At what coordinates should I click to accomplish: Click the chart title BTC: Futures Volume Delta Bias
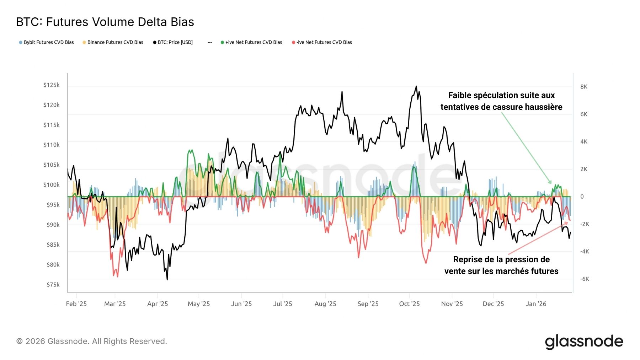click(x=105, y=22)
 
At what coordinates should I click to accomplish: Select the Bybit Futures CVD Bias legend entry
click(x=47, y=42)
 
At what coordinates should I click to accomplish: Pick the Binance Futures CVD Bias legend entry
click(x=113, y=42)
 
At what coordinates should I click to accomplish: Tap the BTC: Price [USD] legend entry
click(x=173, y=42)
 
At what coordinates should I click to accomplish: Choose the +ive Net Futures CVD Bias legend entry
click(x=251, y=42)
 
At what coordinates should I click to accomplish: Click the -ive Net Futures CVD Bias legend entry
click(x=322, y=42)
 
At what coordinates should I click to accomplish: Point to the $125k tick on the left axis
click(x=51, y=85)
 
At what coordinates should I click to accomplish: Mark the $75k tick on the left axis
click(x=53, y=285)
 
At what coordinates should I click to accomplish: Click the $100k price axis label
click(x=51, y=185)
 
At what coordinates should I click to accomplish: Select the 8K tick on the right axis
click(x=584, y=87)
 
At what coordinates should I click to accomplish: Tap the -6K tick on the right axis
click(x=585, y=279)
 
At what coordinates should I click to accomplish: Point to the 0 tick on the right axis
click(x=582, y=197)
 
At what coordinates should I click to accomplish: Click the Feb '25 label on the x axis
click(x=76, y=304)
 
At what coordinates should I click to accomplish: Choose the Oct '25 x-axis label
click(x=409, y=304)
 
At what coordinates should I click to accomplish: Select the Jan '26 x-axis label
click(x=536, y=304)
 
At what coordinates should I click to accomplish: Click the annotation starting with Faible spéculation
click(x=501, y=101)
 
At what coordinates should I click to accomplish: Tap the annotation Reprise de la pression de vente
click(x=501, y=265)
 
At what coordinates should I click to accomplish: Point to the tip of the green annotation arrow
click(x=551, y=183)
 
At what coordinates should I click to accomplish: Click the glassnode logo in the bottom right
click(x=584, y=342)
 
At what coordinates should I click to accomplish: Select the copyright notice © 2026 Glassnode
click(x=92, y=342)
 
